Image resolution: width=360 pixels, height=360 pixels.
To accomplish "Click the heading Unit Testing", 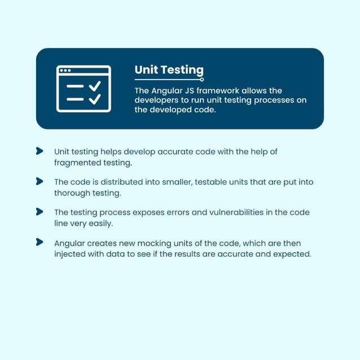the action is (x=169, y=70).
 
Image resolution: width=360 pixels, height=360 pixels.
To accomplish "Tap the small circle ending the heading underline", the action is (x=202, y=80).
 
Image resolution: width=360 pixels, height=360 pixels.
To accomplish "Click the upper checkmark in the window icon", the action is (x=95, y=86).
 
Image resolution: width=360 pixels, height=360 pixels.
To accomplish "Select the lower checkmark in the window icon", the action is (x=95, y=99).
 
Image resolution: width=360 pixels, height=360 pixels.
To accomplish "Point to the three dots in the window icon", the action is (x=65, y=71).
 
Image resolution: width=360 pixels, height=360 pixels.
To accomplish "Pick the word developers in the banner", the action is (x=156, y=100).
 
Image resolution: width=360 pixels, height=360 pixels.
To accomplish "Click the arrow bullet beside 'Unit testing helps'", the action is (x=39, y=151).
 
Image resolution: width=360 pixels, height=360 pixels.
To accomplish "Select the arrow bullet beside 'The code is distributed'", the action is (x=39, y=181).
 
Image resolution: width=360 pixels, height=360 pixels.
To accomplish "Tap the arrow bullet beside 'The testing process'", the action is (x=39, y=212).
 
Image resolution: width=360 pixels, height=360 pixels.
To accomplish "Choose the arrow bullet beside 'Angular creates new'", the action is (x=39, y=242).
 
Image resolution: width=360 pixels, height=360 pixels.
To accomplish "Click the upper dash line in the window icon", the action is (x=75, y=86).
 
